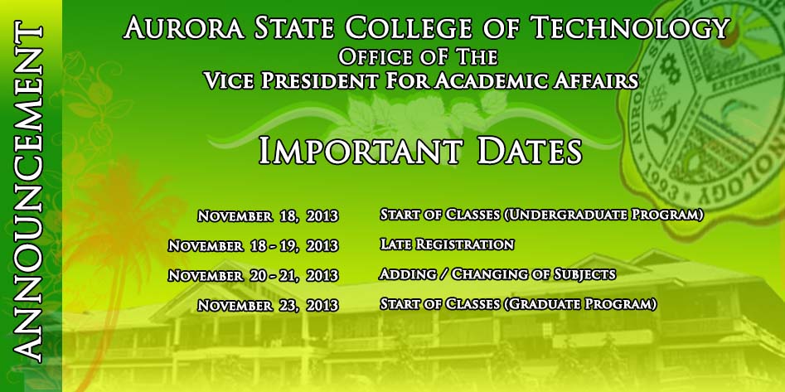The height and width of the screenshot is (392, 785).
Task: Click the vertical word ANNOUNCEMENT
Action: click(x=27, y=191)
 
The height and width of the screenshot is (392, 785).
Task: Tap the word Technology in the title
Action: click(x=629, y=27)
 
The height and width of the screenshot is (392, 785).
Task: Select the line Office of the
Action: click(x=418, y=56)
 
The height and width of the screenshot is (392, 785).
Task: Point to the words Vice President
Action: click(x=291, y=80)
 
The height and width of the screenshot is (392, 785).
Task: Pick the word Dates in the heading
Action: click(x=530, y=151)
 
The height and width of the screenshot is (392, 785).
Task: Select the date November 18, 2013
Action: click(x=268, y=216)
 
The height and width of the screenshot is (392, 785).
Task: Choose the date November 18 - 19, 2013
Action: click(x=254, y=246)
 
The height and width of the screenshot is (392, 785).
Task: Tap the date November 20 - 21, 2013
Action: click(x=254, y=275)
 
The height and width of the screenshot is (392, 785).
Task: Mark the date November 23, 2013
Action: click(x=268, y=305)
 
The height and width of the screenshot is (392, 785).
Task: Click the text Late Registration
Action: click(x=447, y=244)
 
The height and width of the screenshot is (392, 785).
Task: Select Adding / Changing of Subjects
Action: click(x=497, y=274)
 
